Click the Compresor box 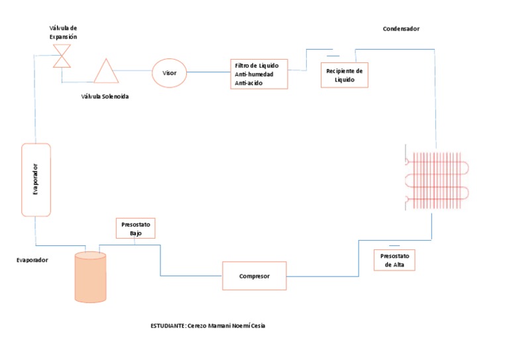tap(254, 276)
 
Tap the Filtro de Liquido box tap(259, 74)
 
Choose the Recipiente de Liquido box tap(345, 75)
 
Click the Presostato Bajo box tap(136, 228)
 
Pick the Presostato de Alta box tap(394, 260)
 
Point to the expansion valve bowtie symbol tap(62, 56)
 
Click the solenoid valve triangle tap(106, 71)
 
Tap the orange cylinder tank tap(90, 277)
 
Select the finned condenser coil tap(437, 180)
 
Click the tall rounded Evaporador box tap(36, 180)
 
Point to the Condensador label tap(401, 29)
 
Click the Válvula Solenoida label tap(105, 96)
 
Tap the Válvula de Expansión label tap(64, 32)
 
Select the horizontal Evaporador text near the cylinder tap(32, 260)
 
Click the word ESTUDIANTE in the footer tap(168, 326)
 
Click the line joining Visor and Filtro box tap(208, 72)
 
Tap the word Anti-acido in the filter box tap(249, 83)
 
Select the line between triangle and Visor tap(133, 70)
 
